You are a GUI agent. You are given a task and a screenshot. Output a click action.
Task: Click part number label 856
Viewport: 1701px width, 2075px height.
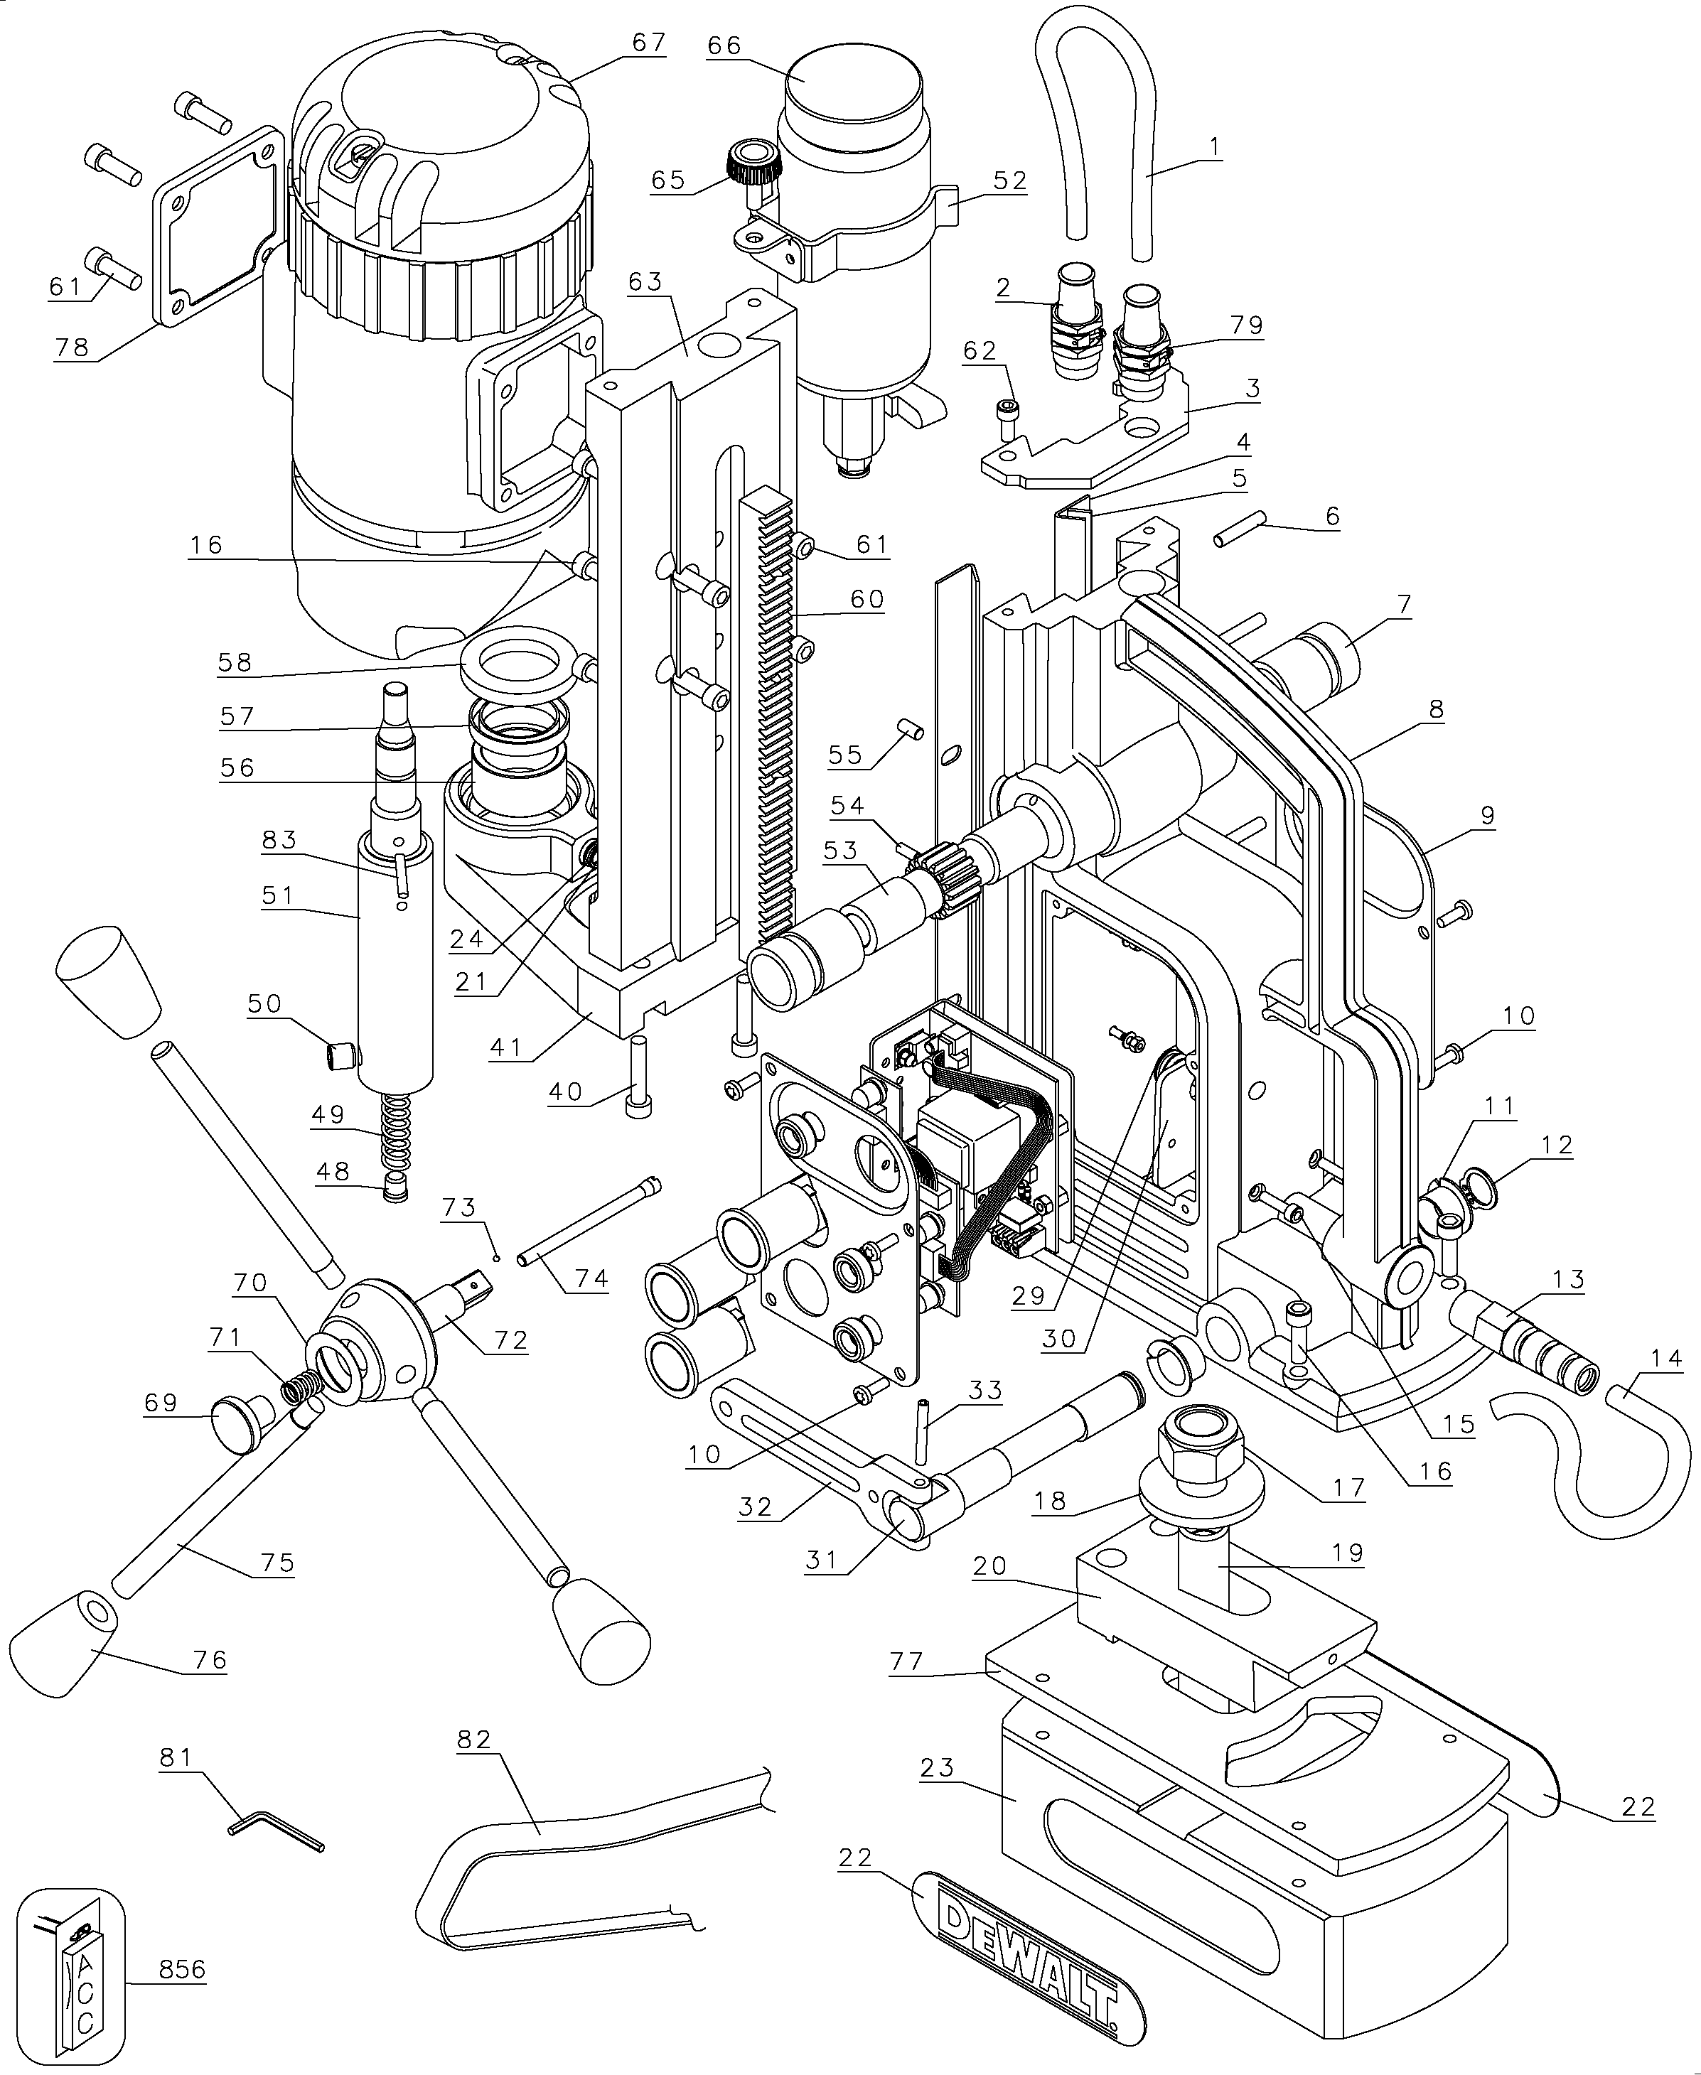(181, 1969)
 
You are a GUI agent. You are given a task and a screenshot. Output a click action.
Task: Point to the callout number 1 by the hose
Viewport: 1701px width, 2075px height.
(1214, 147)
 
